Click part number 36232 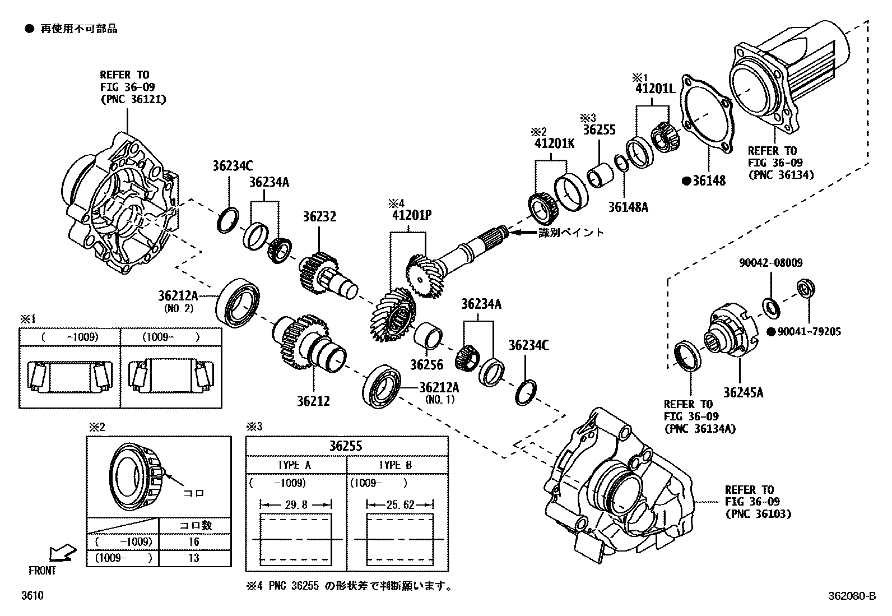tap(319, 217)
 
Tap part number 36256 tap(426, 365)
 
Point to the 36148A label tap(628, 207)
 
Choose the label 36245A tap(743, 392)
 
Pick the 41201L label tap(655, 89)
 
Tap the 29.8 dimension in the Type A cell tap(296, 504)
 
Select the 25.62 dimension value tap(400, 504)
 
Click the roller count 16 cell tap(194, 542)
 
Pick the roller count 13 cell tap(194, 558)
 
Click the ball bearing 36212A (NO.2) tap(239, 303)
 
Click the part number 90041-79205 tap(808, 332)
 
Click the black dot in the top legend tap(29, 29)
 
